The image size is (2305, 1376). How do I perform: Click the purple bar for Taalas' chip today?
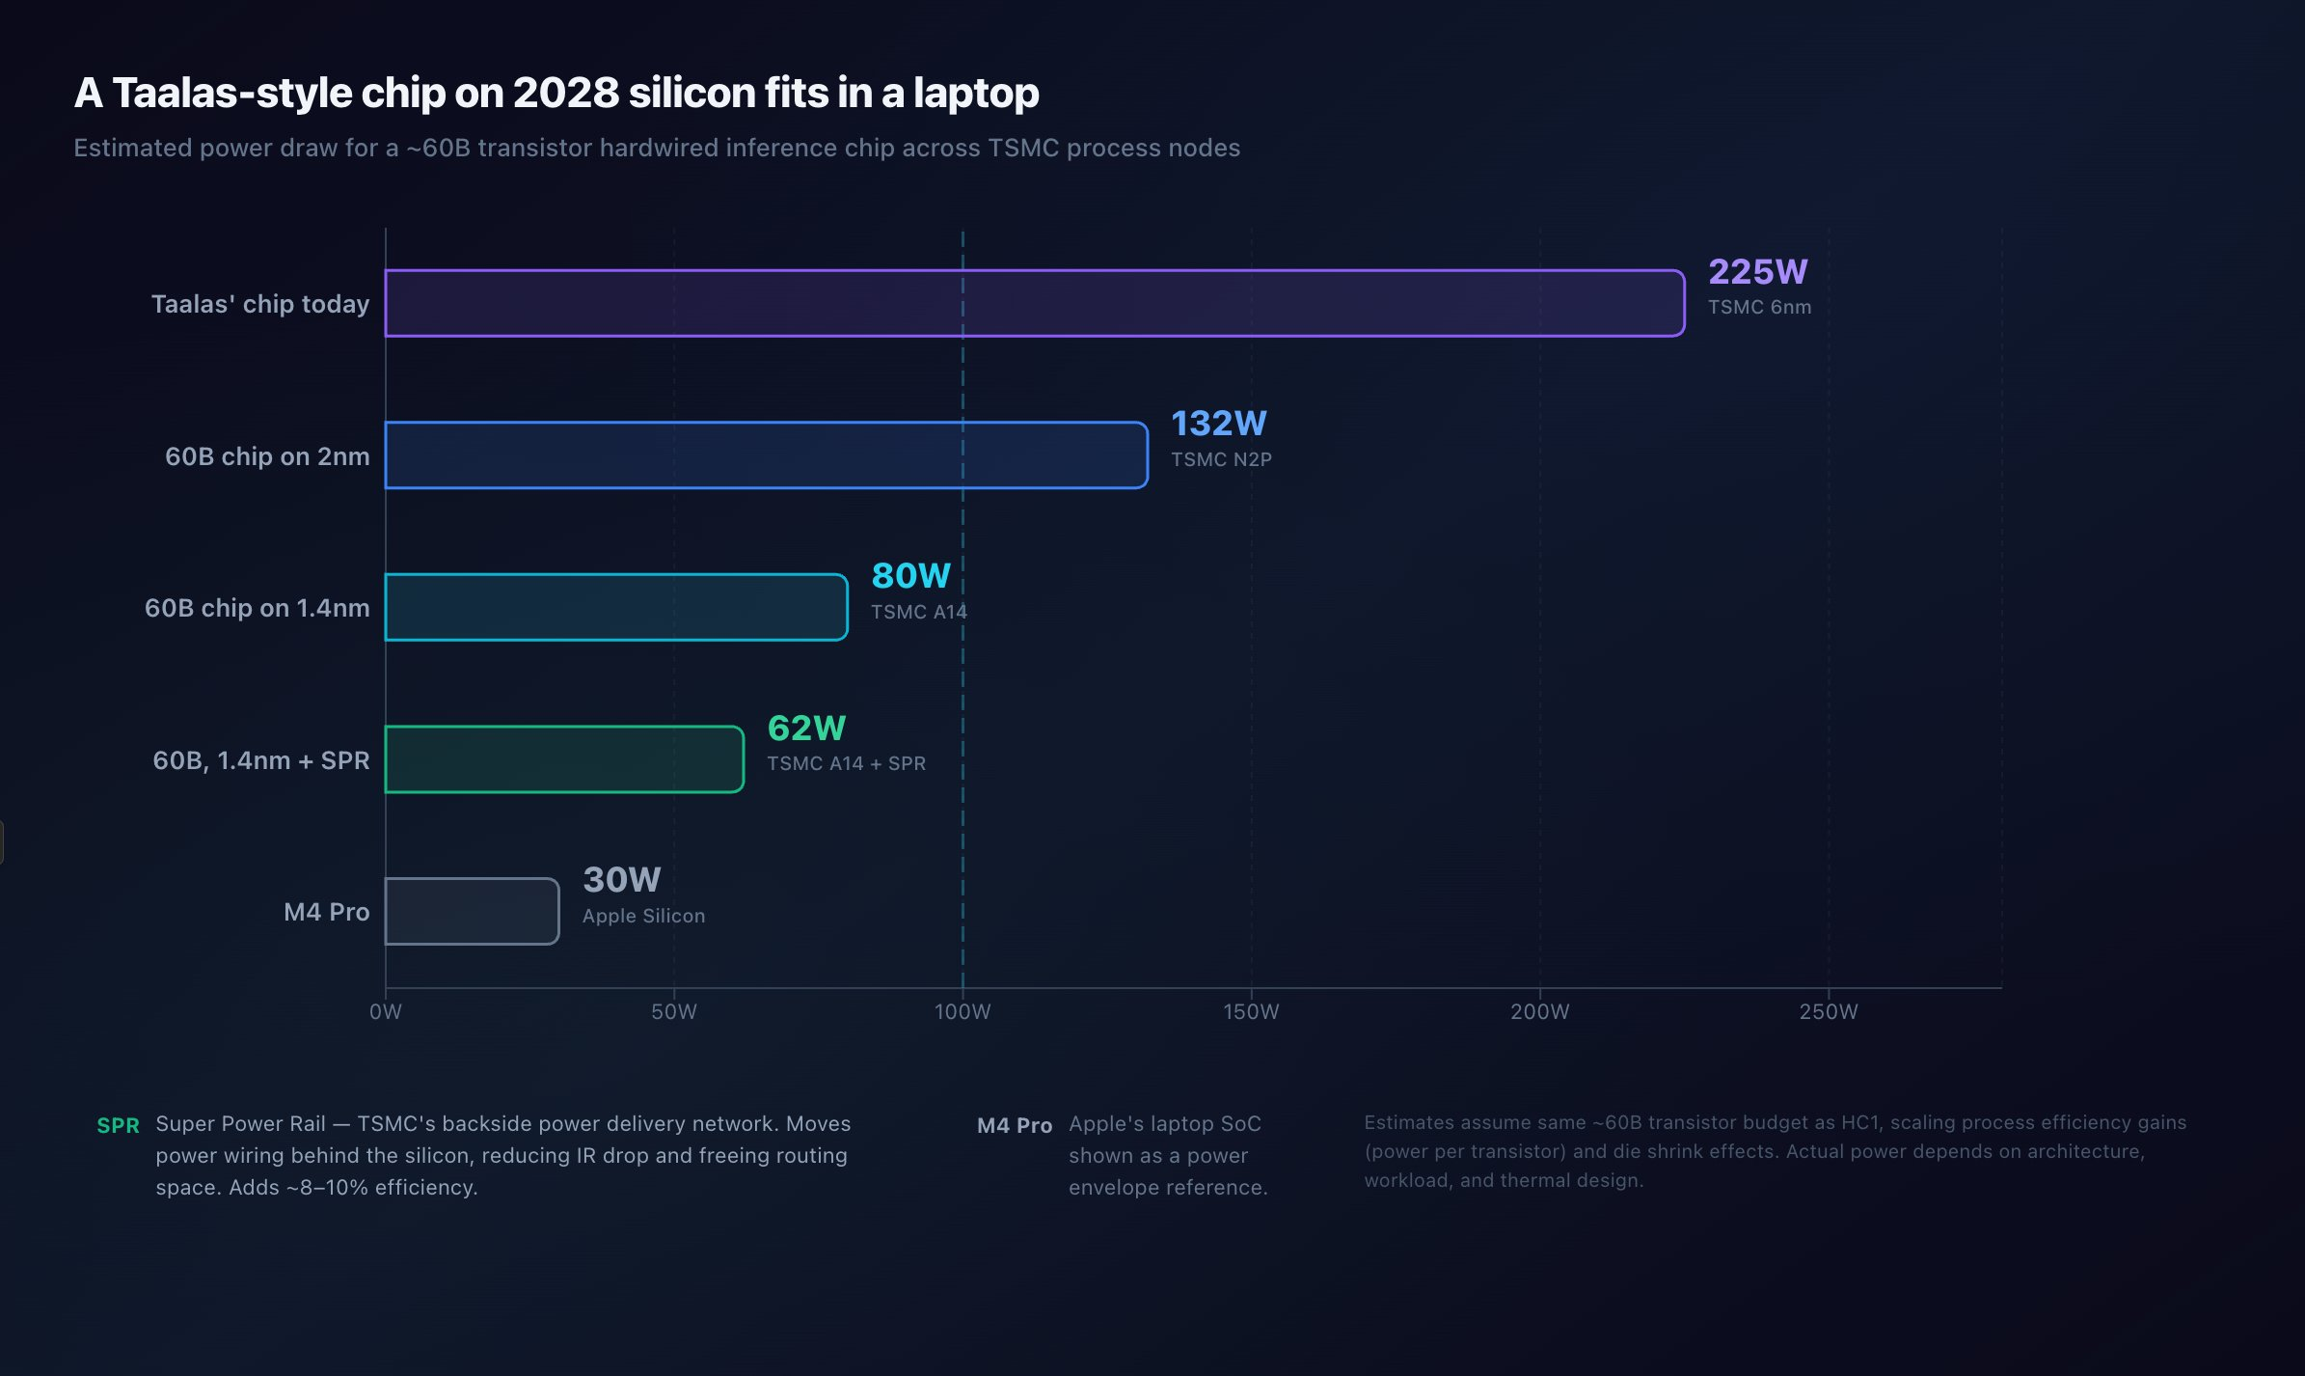1034,303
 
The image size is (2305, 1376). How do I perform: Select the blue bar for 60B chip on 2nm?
766,455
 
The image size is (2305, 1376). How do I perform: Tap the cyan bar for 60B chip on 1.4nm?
615,607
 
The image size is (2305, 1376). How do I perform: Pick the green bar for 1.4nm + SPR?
564,759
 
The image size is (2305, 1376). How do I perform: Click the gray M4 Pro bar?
472,911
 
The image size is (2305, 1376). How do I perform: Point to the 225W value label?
1757,272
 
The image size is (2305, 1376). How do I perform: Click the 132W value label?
1218,424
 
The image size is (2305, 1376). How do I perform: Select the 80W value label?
910,576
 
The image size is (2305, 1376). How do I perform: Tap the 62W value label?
806,729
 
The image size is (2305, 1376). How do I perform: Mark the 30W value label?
622,880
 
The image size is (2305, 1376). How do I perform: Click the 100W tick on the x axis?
963,1011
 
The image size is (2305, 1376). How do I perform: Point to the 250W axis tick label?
1828,1011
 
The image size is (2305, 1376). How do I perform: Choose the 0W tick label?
386,1011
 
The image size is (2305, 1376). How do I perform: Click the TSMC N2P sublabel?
1221,459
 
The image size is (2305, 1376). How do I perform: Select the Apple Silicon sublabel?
643,916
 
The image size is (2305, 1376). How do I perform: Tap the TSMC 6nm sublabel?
1759,307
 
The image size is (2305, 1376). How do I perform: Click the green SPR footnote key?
118,1125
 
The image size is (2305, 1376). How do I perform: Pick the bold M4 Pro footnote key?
1014,1125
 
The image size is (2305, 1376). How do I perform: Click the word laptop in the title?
976,93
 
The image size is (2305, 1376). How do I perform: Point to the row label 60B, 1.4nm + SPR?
260,760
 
